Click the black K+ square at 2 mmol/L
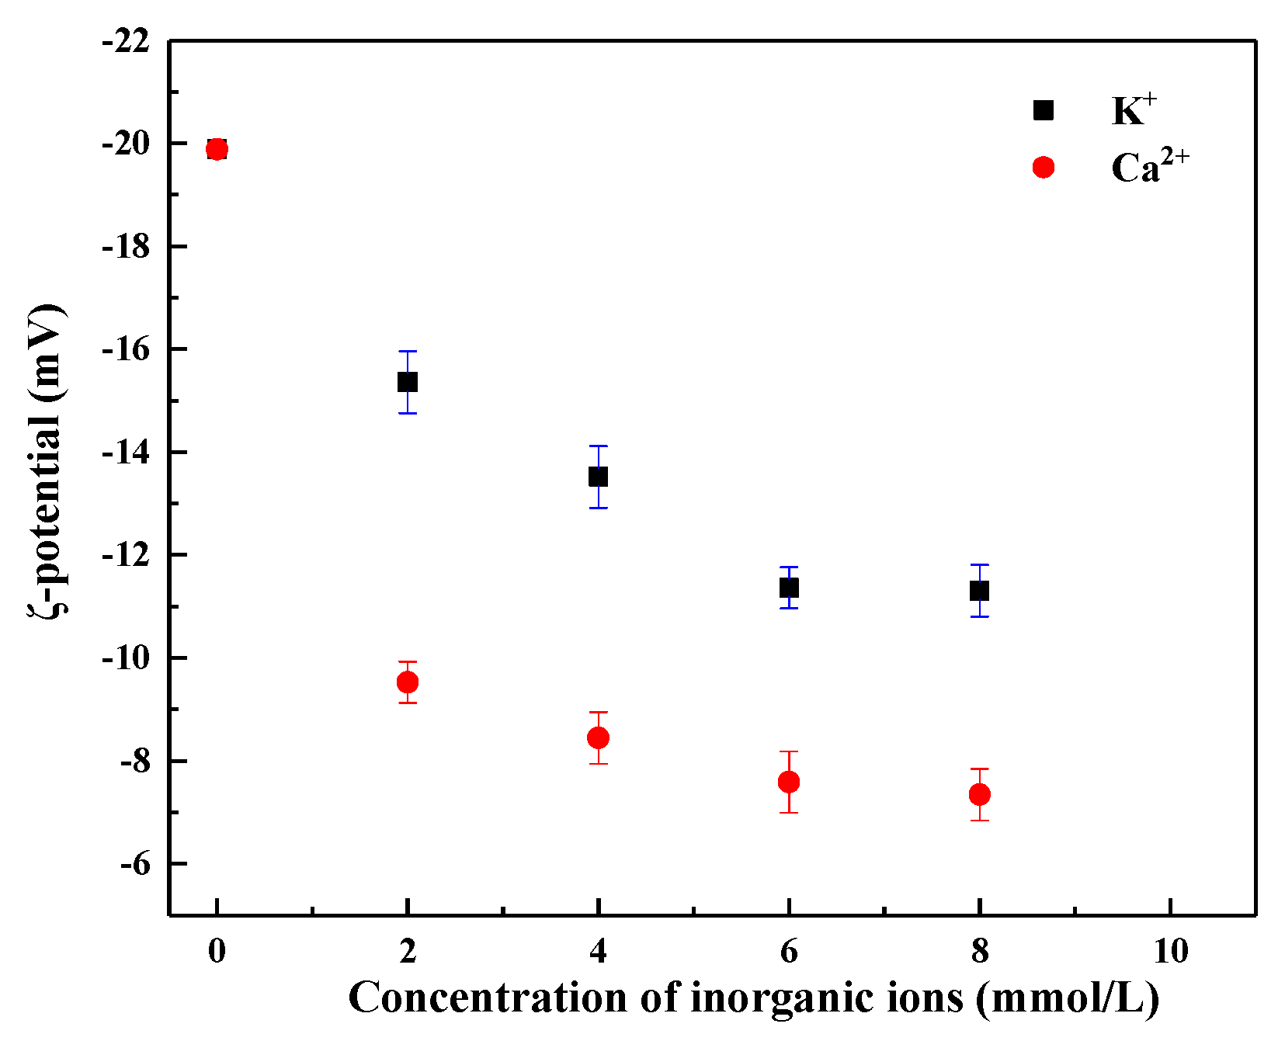pyautogui.click(x=408, y=382)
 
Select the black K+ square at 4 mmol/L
pyautogui.click(x=598, y=477)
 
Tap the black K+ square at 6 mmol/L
pyautogui.click(x=789, y=588)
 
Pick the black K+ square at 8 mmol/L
pyautogui.click(x=980, y=591)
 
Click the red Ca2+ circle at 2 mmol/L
pyautogui.click(x=408, y=682)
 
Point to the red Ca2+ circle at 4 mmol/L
pyautogui.click(x=598, y=737)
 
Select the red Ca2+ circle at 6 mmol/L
pyautogui.click(x=789, y=782)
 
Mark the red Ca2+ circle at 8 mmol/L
pyautogui.click(x=980, y=794)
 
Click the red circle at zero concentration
pyautogui.click(x=217, y=149)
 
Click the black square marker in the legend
pyautogui.click(x=1044, y=110)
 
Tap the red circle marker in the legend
pyautogui.click(x=1044, y=167)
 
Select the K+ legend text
pyautogui.click(x=1134, y=110)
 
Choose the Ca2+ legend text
pyautogui.click(x=1149, y=167)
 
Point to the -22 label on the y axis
pyautogui.click(x=127, y=41)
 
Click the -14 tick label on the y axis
pyautogui.click(x=127, y=453)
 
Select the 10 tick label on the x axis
pyautogui.click(x=1170, y=952)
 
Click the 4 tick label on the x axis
pyautogui.click(x=598, y=952)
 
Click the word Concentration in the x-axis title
pyautogui.click(x=488, y=998)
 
